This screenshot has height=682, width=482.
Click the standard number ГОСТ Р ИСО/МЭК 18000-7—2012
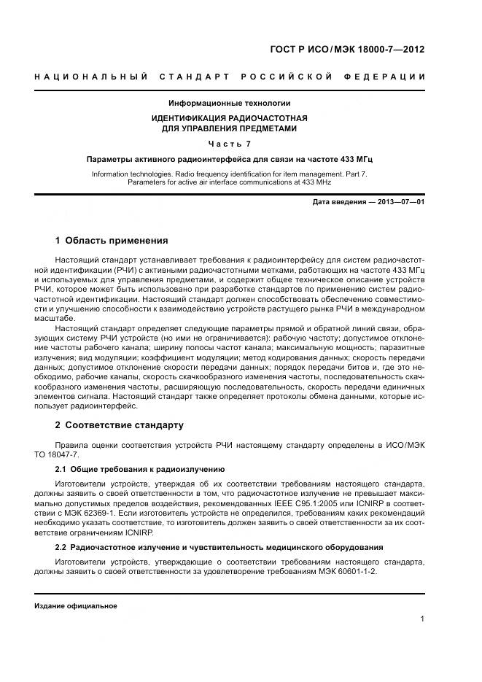(x=346, y=50)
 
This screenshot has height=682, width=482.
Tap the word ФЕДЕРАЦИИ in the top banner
(x=390, y=77)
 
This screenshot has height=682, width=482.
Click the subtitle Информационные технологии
(x=230, y=103)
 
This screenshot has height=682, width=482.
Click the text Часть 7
(x=230, y=143)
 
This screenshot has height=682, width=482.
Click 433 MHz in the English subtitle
(x=314, y=182)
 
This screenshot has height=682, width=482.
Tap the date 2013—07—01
(x=399, y=201)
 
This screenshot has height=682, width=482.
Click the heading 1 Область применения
(x=112, y=240)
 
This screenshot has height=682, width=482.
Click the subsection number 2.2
(x=62, y=547)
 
